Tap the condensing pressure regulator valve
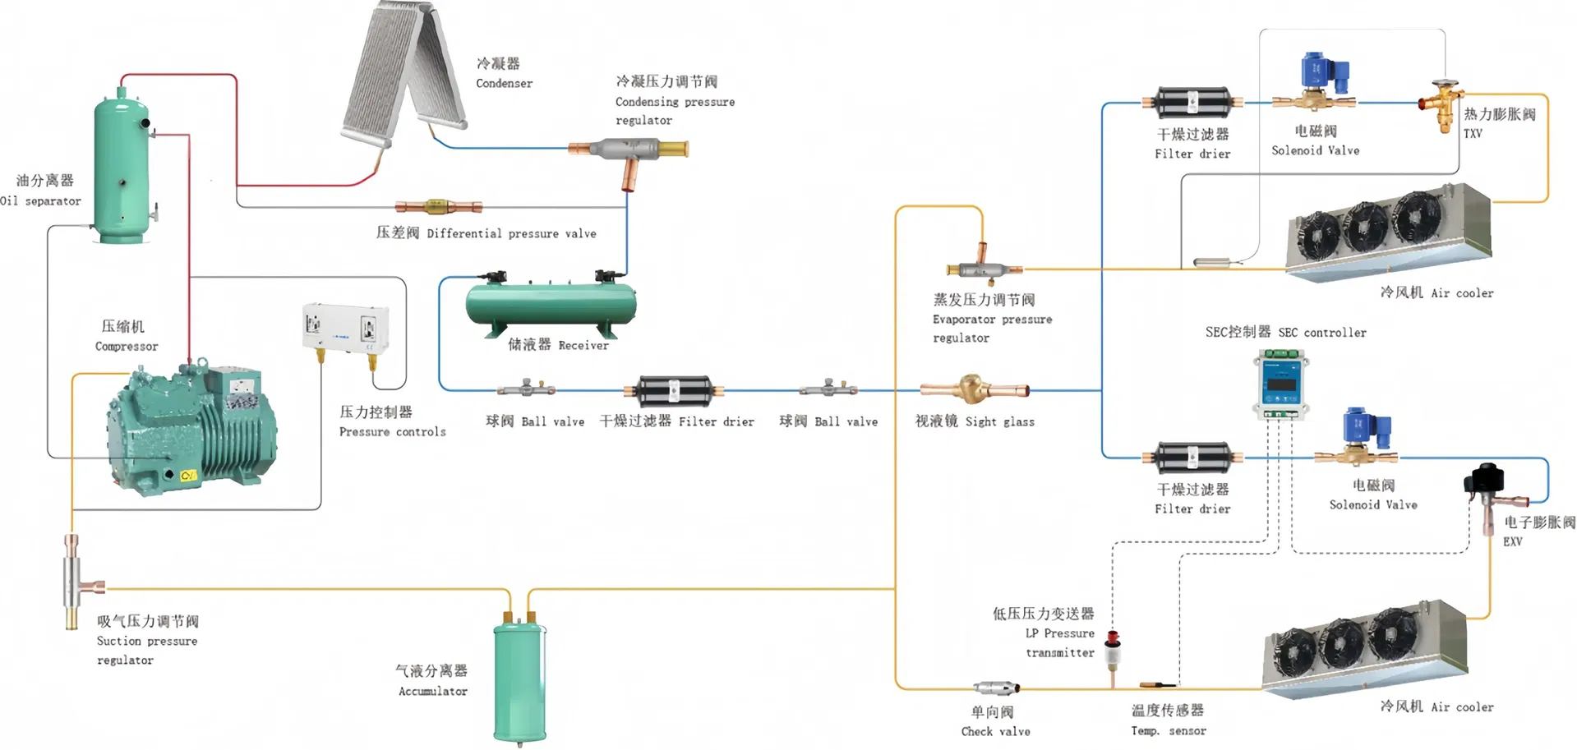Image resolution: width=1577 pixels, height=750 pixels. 629,151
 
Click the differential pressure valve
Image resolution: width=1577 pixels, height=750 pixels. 438,207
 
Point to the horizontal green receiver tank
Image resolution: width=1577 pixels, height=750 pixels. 551,305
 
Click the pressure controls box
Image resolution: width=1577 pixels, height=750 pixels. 345,329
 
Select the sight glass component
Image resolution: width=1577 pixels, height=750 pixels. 974,389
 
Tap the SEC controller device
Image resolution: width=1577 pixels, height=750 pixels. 1282,384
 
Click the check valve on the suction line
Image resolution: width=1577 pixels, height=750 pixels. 996,688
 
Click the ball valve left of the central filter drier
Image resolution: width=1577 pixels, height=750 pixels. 526,388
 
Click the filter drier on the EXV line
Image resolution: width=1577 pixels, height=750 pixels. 1192,458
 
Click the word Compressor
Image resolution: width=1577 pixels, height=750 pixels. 127,347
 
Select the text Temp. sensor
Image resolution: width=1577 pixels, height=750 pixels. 1168,730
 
